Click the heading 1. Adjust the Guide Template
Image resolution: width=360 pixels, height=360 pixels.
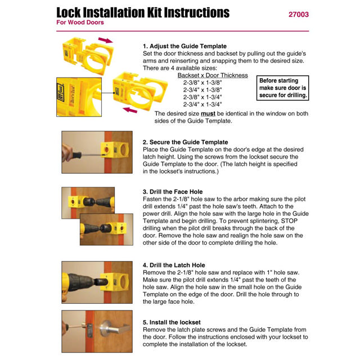pos(184,46)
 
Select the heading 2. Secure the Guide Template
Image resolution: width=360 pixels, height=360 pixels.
pos(185,142)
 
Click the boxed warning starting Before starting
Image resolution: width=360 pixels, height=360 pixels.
pos(283,88)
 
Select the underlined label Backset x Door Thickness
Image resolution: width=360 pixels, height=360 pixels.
pos(213,75)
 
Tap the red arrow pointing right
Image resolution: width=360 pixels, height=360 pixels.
pos(105,40)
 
